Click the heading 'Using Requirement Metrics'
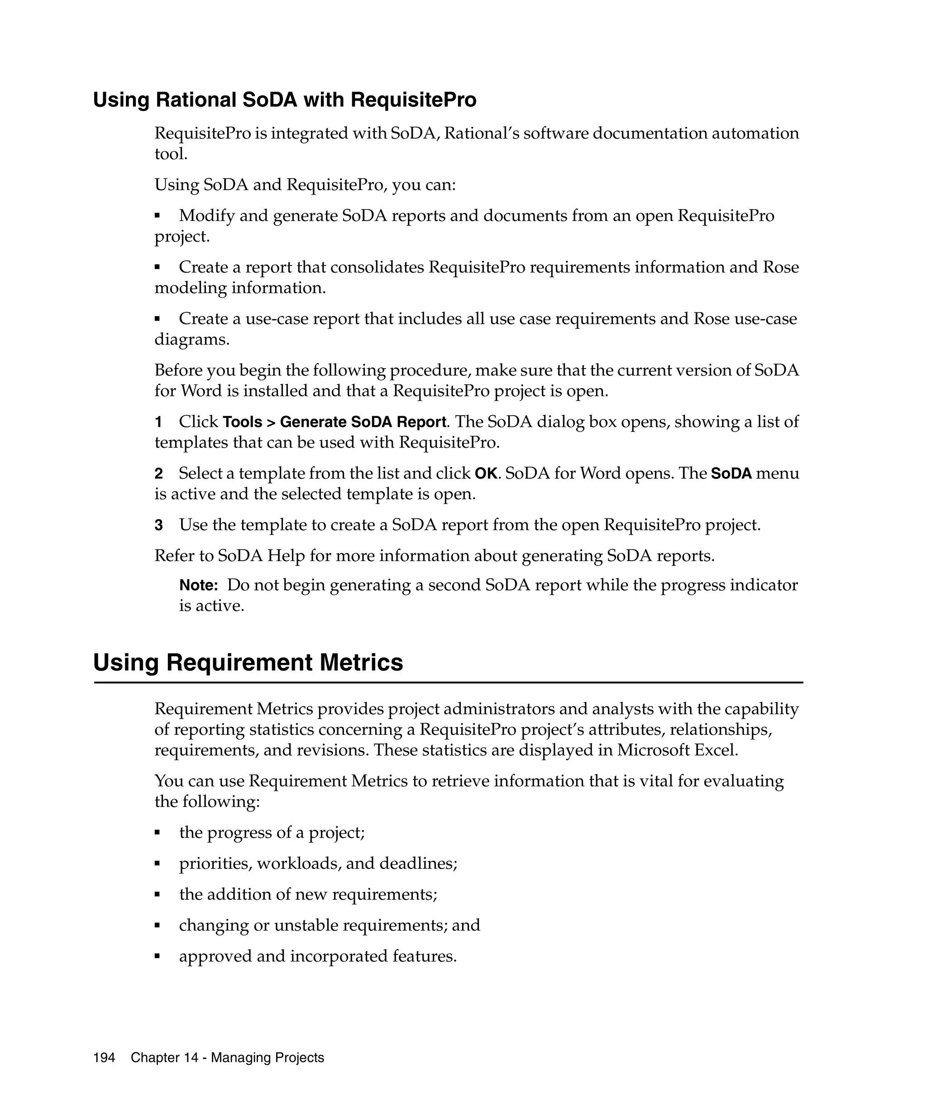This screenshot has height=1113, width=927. pyautogui.click(x=248, y=662)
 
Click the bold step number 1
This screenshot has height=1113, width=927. pyautogui.click(x=158, y=422)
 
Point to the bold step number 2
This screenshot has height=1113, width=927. pyautogui.click(x=158, y=474)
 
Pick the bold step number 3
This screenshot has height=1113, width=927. pyautogui.click(x=158, y=525)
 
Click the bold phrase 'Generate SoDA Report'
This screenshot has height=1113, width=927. pyautogui.click(x=363, y=422)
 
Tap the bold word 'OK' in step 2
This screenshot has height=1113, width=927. pyautogui.click(x=486, y=474)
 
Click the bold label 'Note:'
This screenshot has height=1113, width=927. pyautogui.click(x=199, y=585)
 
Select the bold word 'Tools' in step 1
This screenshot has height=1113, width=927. pyautogui.click(x=243, y=422)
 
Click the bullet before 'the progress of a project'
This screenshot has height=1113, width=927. pyautogui.click(x=158, y=833)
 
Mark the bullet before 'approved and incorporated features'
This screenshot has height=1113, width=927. pyautogui.click(x=158, y=957)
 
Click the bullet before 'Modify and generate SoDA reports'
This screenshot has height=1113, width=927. pyautogui.click(x=158, y=216)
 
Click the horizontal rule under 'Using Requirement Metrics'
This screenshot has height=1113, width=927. pyautogui.click(x=448, y=683)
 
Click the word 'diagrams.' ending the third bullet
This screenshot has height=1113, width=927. pyautogui.click(x=192, y=339)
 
